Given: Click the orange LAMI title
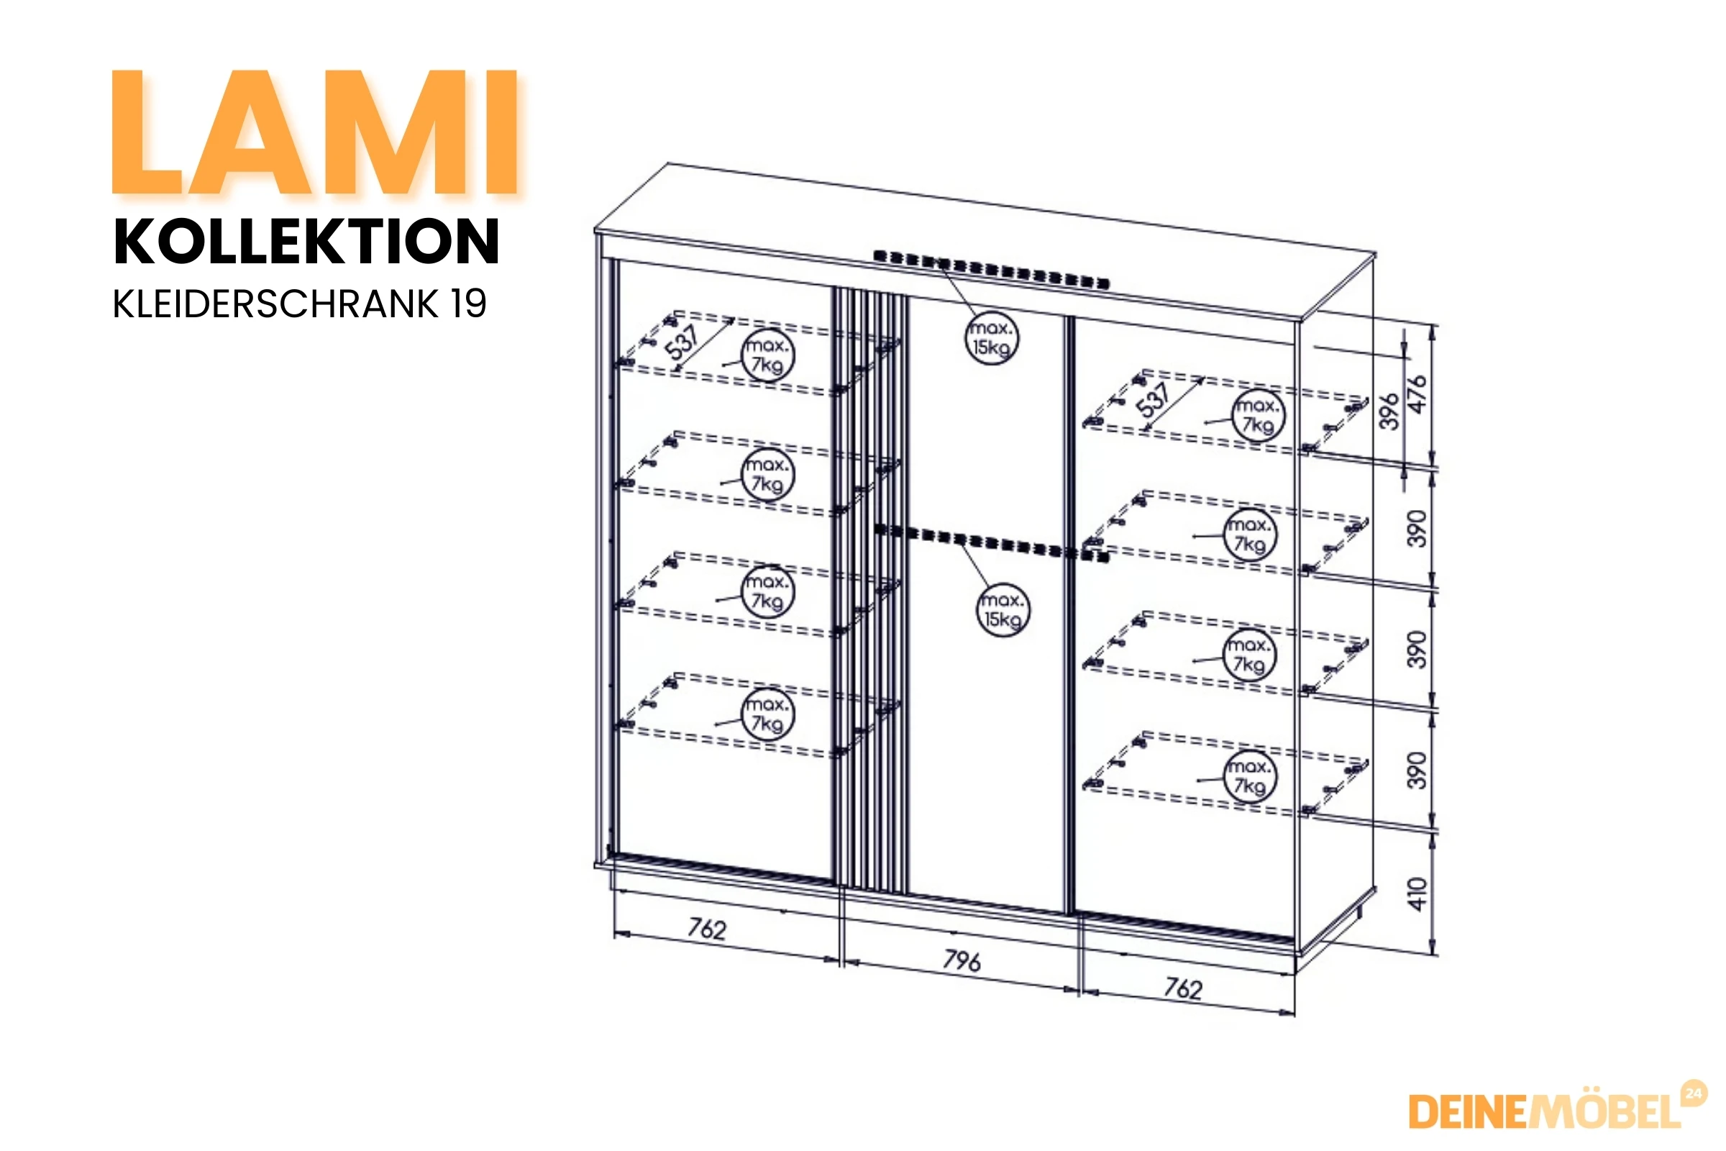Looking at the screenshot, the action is click(316, 132).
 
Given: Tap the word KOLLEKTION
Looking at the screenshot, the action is click(307, 242).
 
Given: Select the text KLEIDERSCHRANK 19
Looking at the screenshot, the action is click(299, 304).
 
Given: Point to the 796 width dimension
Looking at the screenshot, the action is click(962, 960).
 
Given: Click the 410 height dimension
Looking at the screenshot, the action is click(1417, 893).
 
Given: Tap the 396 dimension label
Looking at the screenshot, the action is click(1389, 411).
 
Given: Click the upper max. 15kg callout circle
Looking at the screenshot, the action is click(992, 337).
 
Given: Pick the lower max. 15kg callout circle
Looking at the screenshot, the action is click(1003, 609).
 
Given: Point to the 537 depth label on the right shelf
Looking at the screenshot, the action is click(1154, 400).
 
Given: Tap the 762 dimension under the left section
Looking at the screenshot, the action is click(707, 929).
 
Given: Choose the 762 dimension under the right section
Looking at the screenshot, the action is click(1183, 988).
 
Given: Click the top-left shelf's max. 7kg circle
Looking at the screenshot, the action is click(767, 355).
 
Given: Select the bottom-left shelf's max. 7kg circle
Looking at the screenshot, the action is click(767, 714).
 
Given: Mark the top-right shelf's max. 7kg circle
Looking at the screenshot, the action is click(1259, 416).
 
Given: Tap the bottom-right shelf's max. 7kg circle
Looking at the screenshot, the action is click(1250, 777).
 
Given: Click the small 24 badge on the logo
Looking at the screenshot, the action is click(1694, 1093).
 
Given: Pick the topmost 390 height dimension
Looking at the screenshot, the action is click(1417, 529).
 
